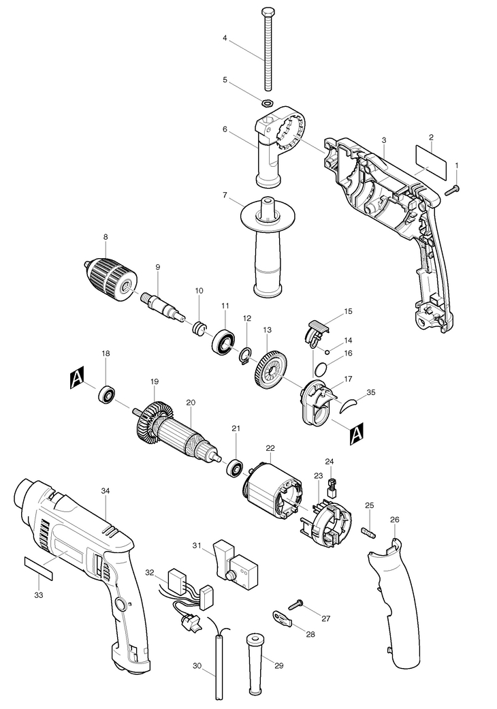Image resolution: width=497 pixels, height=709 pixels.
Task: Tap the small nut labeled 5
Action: point(267,100)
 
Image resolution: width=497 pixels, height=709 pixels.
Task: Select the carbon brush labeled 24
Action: point(333,488)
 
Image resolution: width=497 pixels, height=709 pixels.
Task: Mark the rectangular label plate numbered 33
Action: point(38,568)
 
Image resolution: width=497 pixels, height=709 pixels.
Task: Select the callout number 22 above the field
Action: point(270,448)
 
